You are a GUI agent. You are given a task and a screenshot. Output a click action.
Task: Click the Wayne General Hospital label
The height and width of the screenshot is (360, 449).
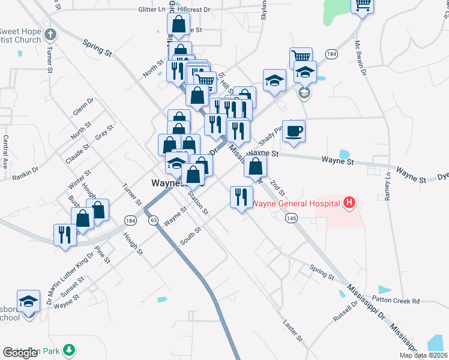click(x=295, y=203)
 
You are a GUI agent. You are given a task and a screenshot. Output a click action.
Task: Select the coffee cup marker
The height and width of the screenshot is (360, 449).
click(x=294, y=131)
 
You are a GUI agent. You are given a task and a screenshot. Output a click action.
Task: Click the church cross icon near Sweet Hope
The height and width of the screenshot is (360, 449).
click(x=50, y=34)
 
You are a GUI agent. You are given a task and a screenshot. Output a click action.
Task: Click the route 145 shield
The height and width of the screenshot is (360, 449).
click(x=292, y=219)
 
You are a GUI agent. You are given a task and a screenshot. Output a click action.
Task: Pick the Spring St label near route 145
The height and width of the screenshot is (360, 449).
click(x=322, y=272)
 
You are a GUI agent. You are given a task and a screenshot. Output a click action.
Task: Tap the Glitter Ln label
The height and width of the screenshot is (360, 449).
click(x=151, y=10)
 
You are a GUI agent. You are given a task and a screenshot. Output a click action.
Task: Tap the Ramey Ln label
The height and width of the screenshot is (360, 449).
click(x=388, y=187)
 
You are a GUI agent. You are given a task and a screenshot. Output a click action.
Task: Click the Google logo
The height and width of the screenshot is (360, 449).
click(x=20, y=353)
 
